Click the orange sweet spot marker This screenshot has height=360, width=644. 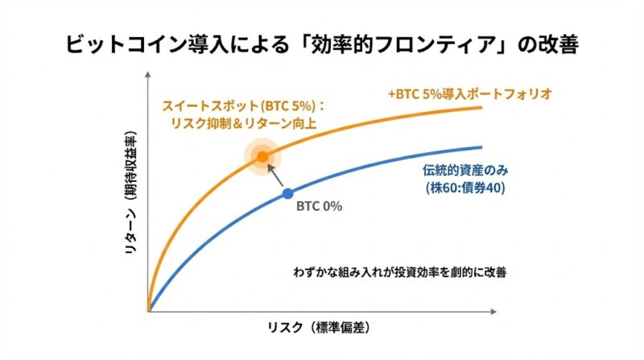click(262, 155)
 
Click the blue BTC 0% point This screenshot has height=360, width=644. click(288, 193)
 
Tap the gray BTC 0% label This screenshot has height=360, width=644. click(320, 206)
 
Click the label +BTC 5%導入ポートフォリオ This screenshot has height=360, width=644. click(469, 93)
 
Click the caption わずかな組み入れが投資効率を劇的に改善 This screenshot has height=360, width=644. click(400, 271)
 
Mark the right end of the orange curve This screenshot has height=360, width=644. click(481, 107)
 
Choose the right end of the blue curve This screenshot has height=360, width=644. click(481, 147)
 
